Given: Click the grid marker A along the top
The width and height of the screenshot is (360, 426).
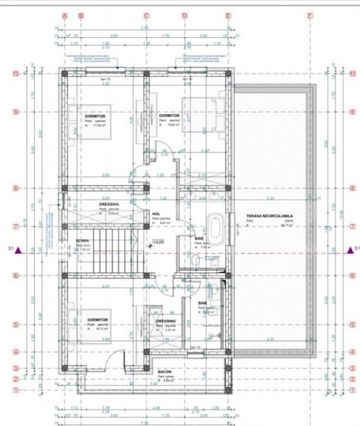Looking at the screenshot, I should [65, 16].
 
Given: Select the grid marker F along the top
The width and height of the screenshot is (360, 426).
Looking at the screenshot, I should [310, 16].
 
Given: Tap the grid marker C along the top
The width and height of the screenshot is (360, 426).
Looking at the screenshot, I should [146, 16].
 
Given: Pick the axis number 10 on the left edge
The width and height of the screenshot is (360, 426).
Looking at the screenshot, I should [16, 74].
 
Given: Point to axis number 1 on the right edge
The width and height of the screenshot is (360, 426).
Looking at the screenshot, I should [352, 390].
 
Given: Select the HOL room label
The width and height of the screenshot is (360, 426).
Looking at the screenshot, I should [155, 214].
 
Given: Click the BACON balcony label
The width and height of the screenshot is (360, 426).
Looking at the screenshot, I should [164, 372].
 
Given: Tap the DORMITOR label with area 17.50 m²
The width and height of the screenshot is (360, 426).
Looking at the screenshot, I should [95, 116].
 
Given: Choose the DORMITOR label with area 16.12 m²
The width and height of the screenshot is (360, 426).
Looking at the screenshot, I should [98, 320].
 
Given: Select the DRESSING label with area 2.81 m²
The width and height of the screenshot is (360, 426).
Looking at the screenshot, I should [166, 321].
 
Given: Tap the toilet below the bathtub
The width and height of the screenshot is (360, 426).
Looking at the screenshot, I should [196, 260].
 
